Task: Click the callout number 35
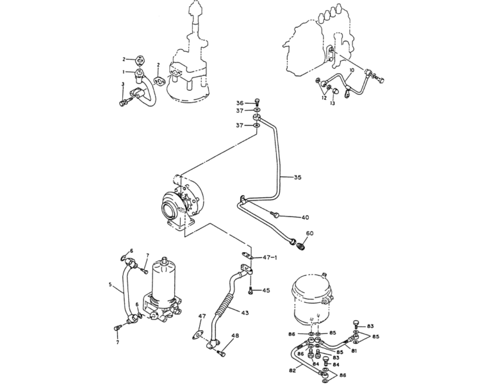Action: [297, 177]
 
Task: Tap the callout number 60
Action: [309, 234]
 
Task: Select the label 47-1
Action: [270, 258]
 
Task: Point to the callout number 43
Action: [245, 312]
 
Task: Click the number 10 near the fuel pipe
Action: [352, 70]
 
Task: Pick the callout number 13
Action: [332, 103]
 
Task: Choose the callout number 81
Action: [354, 351]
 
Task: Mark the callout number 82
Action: [292, 371]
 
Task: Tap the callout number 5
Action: [110, 285]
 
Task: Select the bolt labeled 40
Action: [275, 214]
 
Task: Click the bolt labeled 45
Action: [250, 291]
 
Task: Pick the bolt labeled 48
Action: [221, 353]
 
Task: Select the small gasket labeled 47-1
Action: [246, 255]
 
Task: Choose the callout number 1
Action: [124, 72]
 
